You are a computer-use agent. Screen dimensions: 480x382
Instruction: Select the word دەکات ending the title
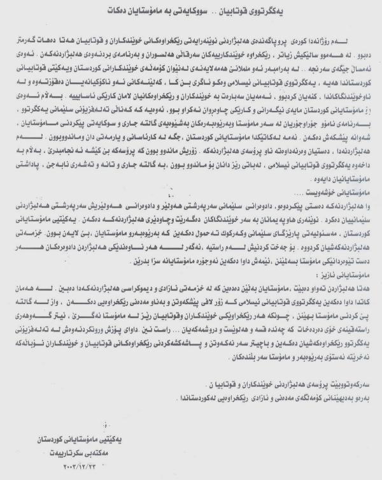click(111, 12)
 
